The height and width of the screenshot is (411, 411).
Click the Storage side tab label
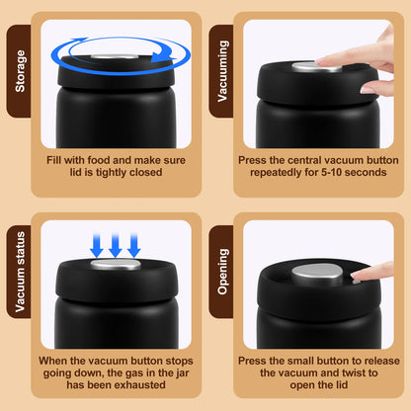click(x=20, y=71)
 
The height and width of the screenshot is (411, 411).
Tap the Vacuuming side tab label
click(x=222, y=71)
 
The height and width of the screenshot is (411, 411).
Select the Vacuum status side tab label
click(x=20, y=272)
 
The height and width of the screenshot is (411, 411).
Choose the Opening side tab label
click(x=222, y=272)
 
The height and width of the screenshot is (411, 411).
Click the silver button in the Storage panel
click(x=115, y=56)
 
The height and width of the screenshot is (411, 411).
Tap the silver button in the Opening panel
click(x=317, y=274)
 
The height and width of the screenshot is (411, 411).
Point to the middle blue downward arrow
click(x=116, y=245)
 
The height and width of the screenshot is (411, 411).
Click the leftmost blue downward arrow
click(x=97, y=245)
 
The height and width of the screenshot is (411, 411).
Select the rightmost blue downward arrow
click(x=134, y=245)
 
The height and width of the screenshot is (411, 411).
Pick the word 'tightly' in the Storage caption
click(x=111, y=173)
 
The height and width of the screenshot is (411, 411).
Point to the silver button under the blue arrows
click(x=116, y=264)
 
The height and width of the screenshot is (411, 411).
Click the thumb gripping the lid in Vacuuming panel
click(x=372, y=88)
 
